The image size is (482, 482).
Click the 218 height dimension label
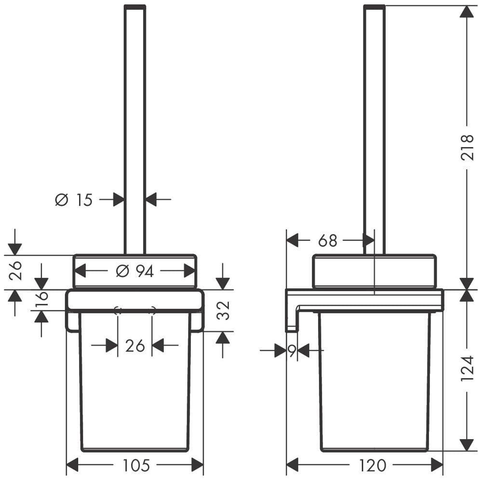[467, 147]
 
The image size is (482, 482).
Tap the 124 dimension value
[467, 369]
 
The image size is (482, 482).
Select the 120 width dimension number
[372, 466]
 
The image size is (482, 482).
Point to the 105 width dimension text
[136, 466]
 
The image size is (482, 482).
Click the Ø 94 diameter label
[134, 271]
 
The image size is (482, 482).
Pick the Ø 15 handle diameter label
[74, 200]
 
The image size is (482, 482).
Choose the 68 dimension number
[328, 241]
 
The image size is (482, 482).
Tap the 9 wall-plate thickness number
[292, 350]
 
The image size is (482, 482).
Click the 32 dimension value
[223, 310]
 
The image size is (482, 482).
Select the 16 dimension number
[42, 299]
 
